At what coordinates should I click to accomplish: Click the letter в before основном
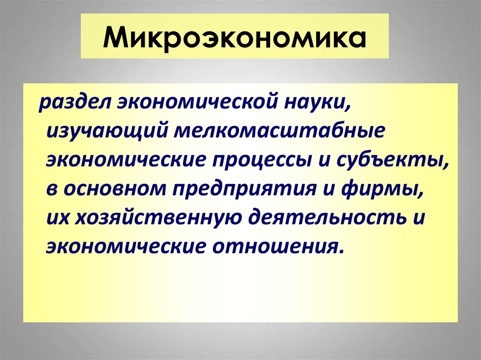(51, 189)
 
